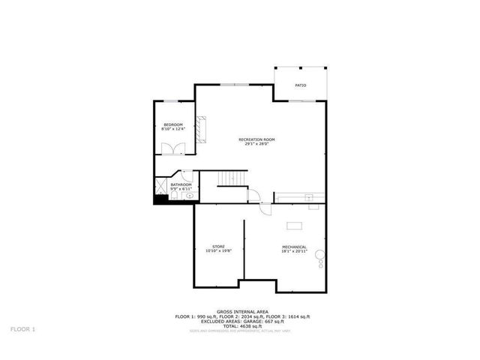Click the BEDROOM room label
pyautogui.click(x=172, y=124)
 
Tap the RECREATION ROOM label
pyautogui.click(x=257, y=139)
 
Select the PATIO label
pyautogui.click(x=300, y=85)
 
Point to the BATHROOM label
pyautogui.click(x=181, y=184)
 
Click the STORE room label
pyautogui.click(x=218, y=246)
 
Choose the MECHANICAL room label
pyautogui.click(x=294, y=247)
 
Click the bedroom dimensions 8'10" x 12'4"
pyautogui.click(x=172, y=129)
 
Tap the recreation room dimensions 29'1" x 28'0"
pyautogui.click(x=257, y=144)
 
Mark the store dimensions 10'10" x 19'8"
pyautogui.click(x=218, y=250)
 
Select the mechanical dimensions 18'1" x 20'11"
pyautogui.click(x=294, y=251)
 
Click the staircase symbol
pyautogui.click(x=232, y=178)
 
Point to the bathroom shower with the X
pyautogui.click(x=161, y=184)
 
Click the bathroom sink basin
pyautogui.click(x=189, y=196)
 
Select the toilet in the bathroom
pyautogui.click(x=173, y=196)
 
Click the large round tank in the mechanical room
pyautogui.click(x=321, y=254)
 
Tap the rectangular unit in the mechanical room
pyautogui.click(x=293, y=224)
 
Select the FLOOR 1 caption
pyautogui.click(x=22, y=328)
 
